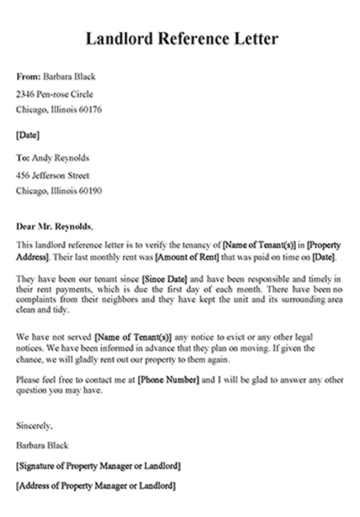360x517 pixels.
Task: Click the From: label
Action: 28,77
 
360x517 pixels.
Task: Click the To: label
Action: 23,157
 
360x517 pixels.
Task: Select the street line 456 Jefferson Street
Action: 54,175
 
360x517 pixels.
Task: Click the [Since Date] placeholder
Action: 169,280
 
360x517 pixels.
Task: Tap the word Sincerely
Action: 35,425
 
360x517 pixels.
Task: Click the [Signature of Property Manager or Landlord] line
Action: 98,465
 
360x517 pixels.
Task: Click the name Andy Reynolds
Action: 59,157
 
